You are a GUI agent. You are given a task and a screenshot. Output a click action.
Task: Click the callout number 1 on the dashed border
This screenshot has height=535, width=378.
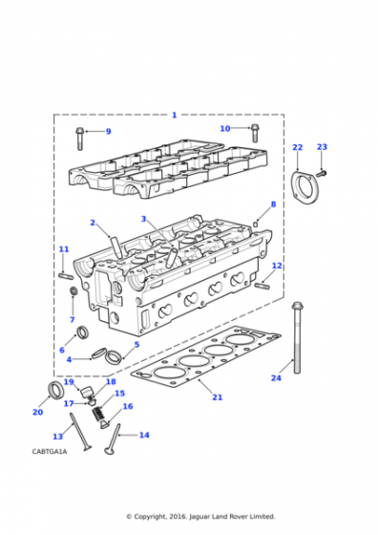pyautogui.click(x=174, y=115)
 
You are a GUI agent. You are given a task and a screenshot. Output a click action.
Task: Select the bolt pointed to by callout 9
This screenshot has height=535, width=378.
pyautogui.click(x=79, y=139)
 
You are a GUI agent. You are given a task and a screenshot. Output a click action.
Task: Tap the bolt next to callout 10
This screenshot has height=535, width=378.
pyautogui.click(x=255, y=133)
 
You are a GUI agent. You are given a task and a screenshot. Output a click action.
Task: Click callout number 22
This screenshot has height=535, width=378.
pyautogui.click(x=297, y=147)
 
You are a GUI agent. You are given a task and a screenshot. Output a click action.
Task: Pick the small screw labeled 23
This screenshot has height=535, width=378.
pyautogui.click(x=322, y=174)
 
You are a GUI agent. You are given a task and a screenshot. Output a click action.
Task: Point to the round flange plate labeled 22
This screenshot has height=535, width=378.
pyautogui.click(x=304, y=188)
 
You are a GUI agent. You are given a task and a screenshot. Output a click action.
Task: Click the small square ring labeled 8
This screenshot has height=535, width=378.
pyautogui.click(x=256, y=224)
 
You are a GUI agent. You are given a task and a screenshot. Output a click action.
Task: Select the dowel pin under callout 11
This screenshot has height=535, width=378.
pyautogui.click(x=66, y=275)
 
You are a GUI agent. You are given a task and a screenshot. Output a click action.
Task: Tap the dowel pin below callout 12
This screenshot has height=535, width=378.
pyautogui.click(x=262, y=286)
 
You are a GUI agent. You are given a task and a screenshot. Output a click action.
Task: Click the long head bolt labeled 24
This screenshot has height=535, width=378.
pyautogui.click(x=297, y=337)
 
